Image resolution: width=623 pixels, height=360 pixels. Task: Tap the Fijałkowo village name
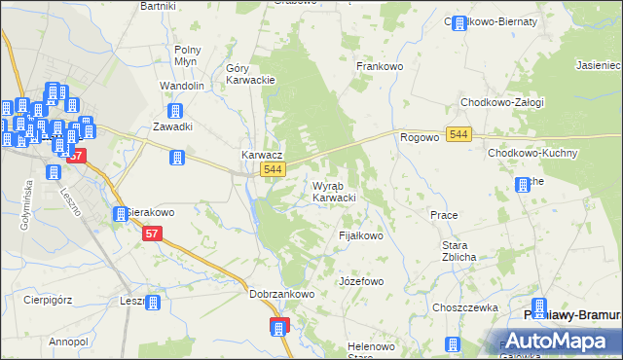360,235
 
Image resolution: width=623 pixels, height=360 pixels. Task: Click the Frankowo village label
380,66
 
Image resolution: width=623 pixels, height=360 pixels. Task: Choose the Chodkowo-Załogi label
502,102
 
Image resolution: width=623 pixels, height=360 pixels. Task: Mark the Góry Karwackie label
251,74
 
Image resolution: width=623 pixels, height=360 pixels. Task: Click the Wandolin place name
182,86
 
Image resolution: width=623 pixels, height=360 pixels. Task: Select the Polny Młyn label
187,55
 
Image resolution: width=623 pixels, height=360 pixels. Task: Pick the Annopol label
68,342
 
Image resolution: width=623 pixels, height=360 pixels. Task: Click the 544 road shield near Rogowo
460,133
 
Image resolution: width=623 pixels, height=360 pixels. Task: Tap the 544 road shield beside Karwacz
274,170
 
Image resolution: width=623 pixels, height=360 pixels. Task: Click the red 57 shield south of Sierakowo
152,234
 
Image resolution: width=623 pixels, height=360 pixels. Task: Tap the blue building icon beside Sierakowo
121,212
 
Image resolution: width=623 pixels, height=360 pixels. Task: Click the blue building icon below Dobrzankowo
280,327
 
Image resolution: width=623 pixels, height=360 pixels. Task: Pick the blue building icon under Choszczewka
453,344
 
